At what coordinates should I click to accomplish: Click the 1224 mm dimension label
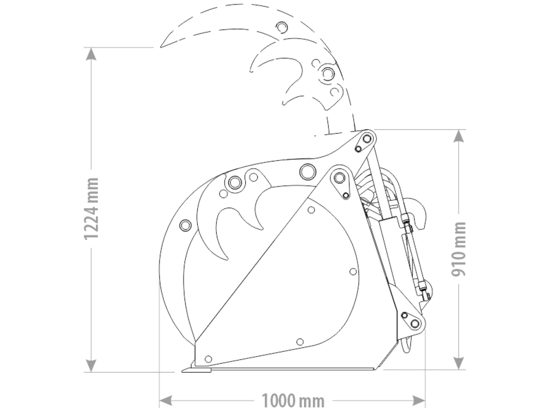(x=91, y=209)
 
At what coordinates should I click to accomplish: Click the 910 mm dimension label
(x=459, y=249)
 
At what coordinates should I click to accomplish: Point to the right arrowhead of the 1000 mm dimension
(x=419, y=401)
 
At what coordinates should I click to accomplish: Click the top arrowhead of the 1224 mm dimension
(x=91, y=54)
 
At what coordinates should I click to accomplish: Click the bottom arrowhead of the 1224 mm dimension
(x=91, y=366)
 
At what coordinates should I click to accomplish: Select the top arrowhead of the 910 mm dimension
(x=459, y=136)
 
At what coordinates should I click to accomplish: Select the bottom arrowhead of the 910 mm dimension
(x=459, y=363)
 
